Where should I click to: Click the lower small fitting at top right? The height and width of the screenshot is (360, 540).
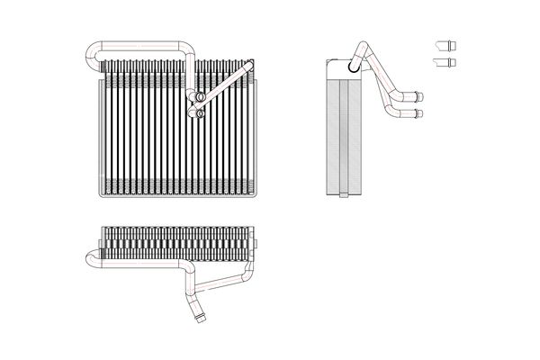pyautogui.click(x=445, y=61)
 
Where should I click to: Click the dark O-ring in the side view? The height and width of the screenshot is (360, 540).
pyautogui.click(x=350, y=64)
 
